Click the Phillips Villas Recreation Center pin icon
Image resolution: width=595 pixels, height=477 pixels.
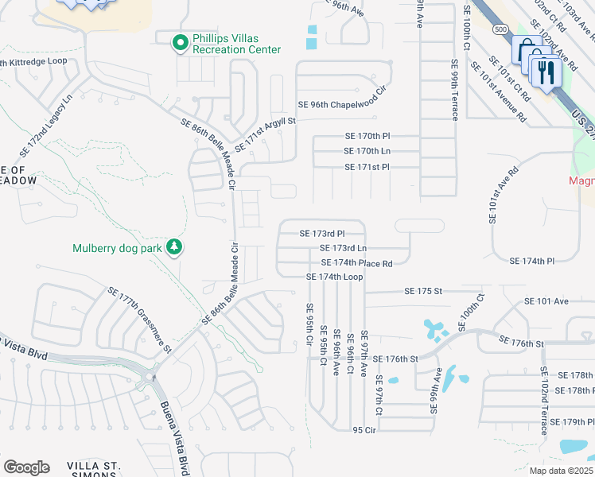[181, 43]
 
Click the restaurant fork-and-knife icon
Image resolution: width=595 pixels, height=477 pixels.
[546, 73]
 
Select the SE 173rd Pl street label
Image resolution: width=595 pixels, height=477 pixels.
[321, 234]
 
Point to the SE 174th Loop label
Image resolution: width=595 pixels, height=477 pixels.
[335, 277]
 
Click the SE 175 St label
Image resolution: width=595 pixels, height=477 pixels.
[422, 292]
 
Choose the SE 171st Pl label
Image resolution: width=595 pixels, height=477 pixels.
[367, 167]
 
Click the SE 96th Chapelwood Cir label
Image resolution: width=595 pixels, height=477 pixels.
[341, 105]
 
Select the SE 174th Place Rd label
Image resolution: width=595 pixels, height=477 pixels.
[356, 263]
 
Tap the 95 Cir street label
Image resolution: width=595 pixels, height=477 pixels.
[364, 429]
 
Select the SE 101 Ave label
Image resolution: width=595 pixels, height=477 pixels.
[546, 301]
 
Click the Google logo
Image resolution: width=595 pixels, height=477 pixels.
[25, 467]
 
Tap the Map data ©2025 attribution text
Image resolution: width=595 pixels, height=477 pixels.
[561, 471]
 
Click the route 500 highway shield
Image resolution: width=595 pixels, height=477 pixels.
[500, 29]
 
